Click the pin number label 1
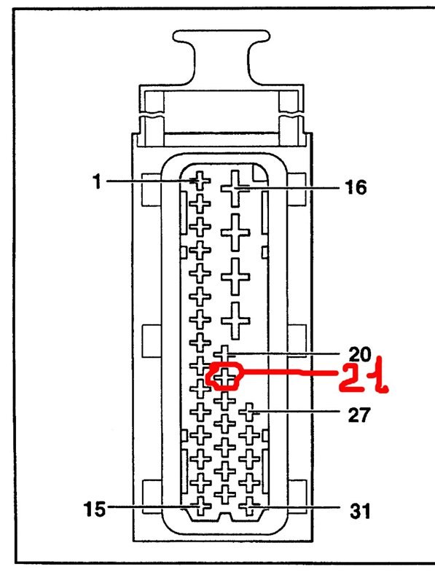pos(97,181)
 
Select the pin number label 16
pos(356,187)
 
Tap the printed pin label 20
pos(359,354)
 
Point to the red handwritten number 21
pos(364,375)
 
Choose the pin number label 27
pos(359,415)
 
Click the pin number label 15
pos(95,509)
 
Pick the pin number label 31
pos(360,512)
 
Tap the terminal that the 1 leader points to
pos(200,181)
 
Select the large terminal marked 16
pos(235,189)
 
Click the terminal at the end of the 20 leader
pos(224,353)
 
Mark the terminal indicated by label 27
pos(249,412)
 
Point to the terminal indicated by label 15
pos(201,506)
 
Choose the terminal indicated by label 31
pos(249,506)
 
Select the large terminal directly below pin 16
pos(235,232)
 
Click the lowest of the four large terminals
pos(235,321)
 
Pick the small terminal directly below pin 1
pos(200,204)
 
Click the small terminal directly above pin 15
pos(201,482)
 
